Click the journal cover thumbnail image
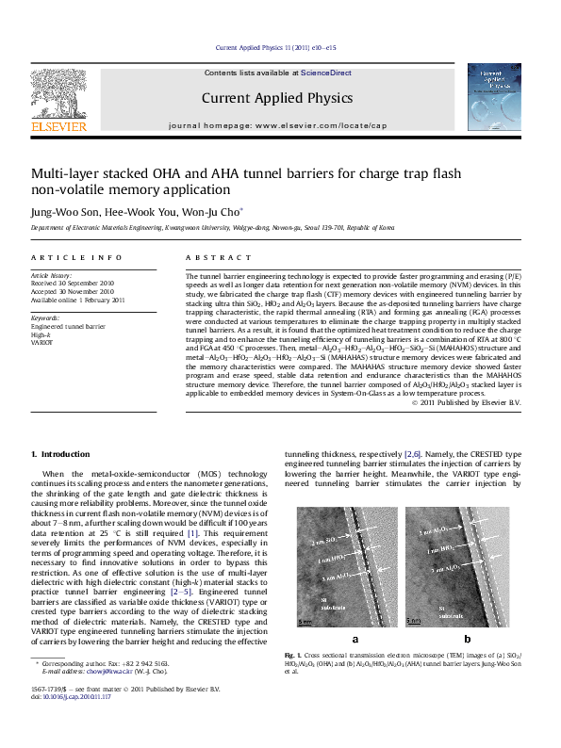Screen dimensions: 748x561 (494, 97)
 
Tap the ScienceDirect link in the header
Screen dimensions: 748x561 (326, 72)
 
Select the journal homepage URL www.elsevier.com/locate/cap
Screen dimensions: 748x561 (320, 125)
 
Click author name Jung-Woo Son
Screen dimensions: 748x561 (58, 213)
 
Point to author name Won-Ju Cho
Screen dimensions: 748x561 (219, 213)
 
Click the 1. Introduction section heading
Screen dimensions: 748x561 (61, 454)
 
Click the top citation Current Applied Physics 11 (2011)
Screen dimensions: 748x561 (276, 47)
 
